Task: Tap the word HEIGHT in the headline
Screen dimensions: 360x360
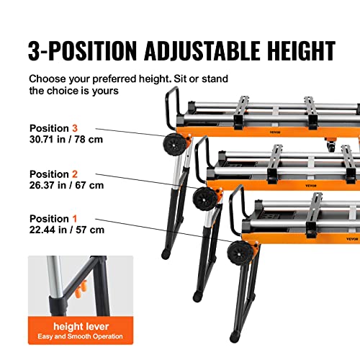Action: tap(296, 50)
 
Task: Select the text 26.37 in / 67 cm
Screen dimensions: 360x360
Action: tap(66, 186)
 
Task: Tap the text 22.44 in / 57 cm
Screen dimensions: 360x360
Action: tap(66, 230)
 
